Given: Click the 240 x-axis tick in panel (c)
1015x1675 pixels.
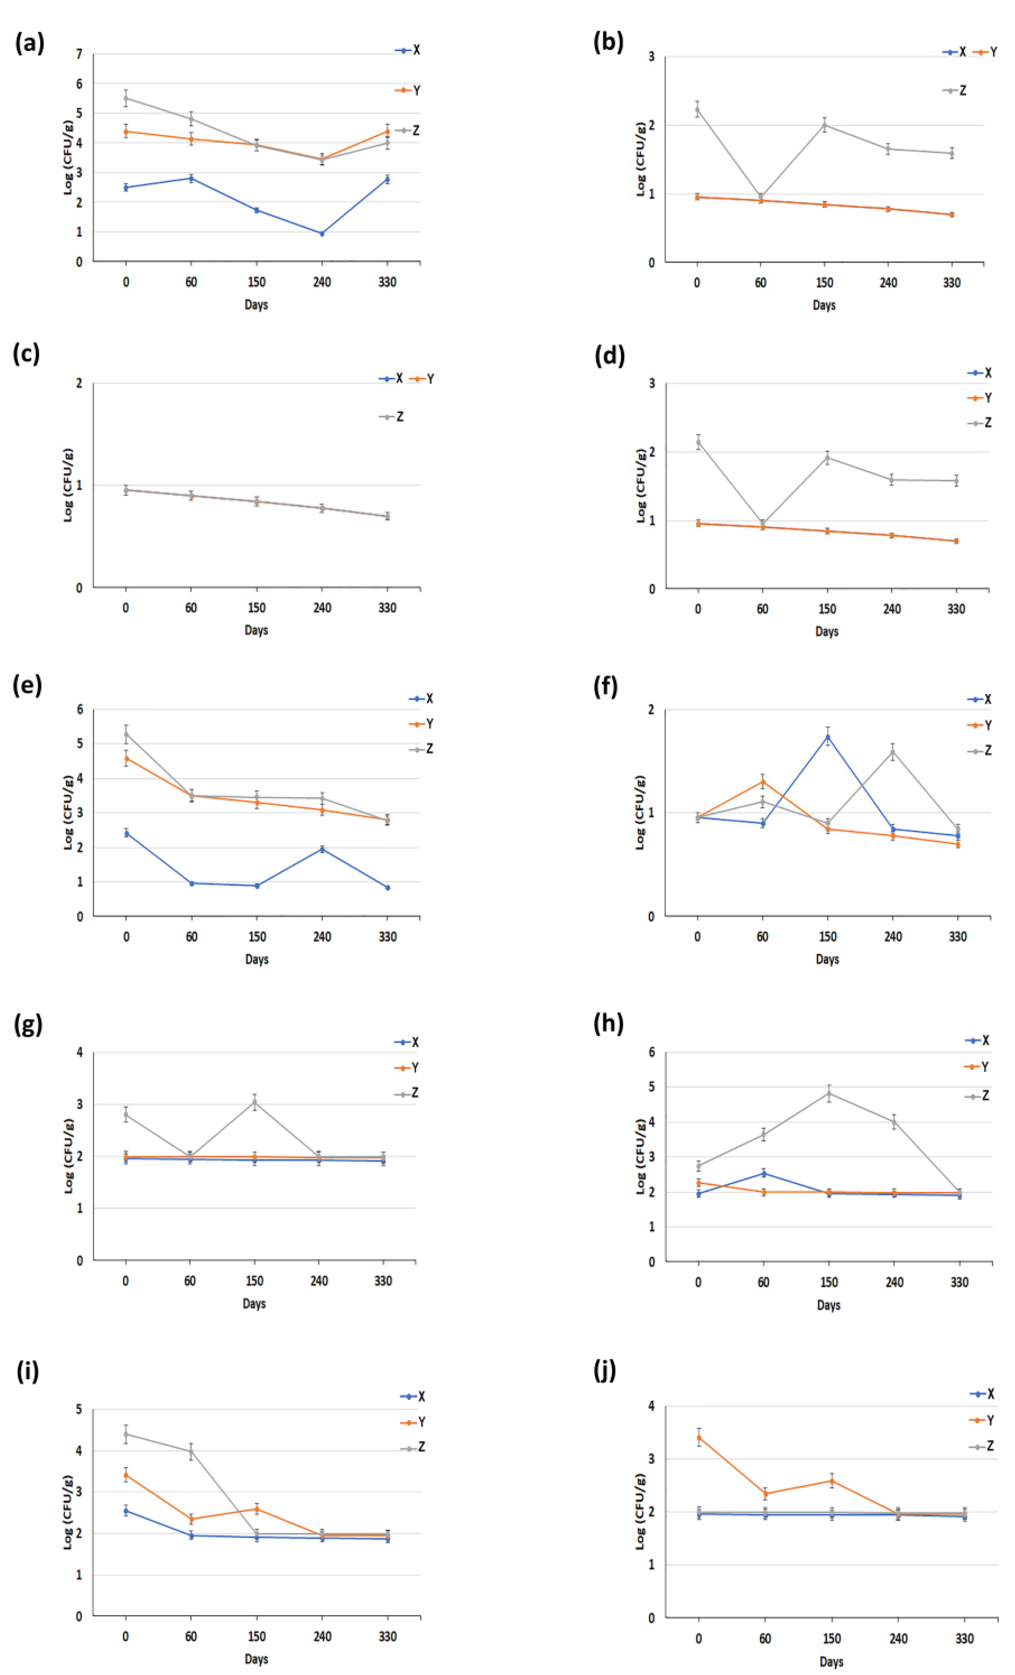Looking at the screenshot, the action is [x=322, y=608].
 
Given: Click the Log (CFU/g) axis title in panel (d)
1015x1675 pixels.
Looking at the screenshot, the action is [x=640, y=485].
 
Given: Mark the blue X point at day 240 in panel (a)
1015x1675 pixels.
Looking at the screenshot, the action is [x=322, y=233].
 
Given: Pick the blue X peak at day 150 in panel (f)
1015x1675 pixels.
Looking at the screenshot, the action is [x=827, y=736].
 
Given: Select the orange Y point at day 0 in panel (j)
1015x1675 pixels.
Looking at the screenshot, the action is [x=699, y=1438].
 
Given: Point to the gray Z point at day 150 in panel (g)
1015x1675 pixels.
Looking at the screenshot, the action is [x=254, y=1103].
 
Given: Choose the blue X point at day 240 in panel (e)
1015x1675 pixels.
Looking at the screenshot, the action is [x=322, y=849].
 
